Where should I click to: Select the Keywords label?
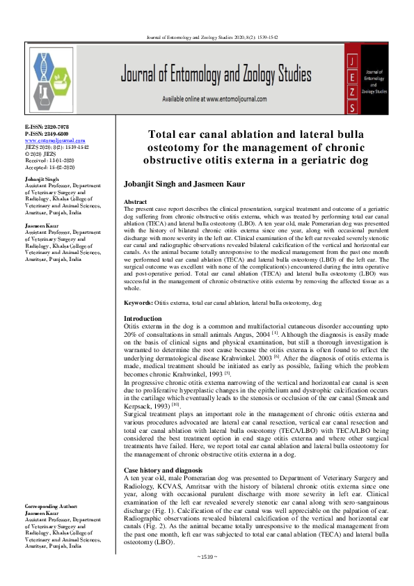tap(137, 303)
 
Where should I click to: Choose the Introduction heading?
tap(142, 318)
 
